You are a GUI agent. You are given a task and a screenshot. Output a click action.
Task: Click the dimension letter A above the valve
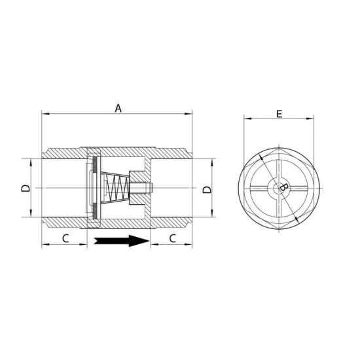click(x=118, y=109)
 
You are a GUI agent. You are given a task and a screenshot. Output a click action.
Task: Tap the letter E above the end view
click(x=279, y=114)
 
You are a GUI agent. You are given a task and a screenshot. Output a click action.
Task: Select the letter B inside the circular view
click(x=283, y=188)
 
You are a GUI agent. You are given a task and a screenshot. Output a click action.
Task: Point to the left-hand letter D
click(x=25, y=189)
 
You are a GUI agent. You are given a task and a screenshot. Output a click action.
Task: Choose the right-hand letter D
click(x=207, y=189)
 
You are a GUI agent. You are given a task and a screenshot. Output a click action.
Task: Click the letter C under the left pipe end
click(x=65, y=238)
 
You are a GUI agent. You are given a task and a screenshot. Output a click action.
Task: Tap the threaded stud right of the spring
click(x=145, y=189)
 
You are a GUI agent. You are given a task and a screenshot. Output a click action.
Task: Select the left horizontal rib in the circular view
click(x=259, y=189)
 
